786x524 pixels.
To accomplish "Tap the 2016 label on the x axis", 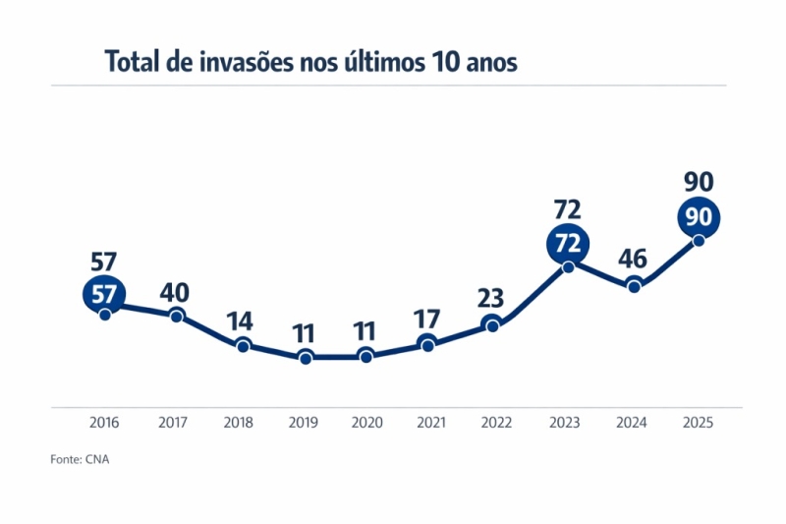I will tap(104, 423).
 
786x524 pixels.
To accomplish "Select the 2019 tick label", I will tap(304, 423).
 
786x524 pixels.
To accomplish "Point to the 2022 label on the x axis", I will tap(496, 423).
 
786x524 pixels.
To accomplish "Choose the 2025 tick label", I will tap(698, 423).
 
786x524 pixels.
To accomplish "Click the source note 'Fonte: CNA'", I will tap(80, 459).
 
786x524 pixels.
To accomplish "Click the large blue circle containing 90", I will tap(699, 217).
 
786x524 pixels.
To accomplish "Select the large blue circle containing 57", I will tap(104, 294).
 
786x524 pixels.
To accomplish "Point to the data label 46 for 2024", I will tap(634, 260).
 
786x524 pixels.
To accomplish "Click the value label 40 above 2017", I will tap(175, 293).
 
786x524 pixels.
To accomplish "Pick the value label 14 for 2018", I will tap(242, 322).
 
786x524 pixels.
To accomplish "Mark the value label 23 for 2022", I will tap(493, 298).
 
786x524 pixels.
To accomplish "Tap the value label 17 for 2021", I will tap(427, 320).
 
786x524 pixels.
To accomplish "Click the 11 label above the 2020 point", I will tap(366, 332).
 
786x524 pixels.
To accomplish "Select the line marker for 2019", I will tap(306, 357).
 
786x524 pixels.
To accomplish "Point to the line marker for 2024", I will tap(635, 286).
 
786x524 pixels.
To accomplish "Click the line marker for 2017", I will tap(177, 316).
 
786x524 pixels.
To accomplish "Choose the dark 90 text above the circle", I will tap(699, 182).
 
